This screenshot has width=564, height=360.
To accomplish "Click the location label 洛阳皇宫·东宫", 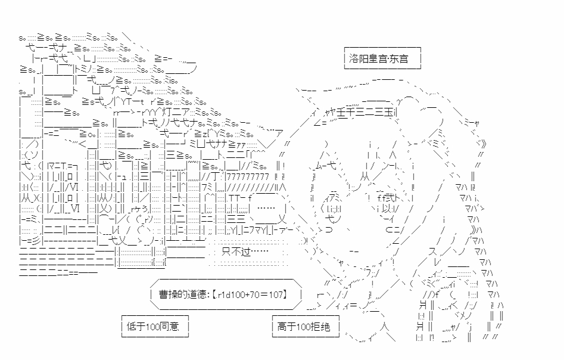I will pos(382,58).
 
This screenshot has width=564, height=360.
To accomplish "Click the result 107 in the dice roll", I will pos(276,294).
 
